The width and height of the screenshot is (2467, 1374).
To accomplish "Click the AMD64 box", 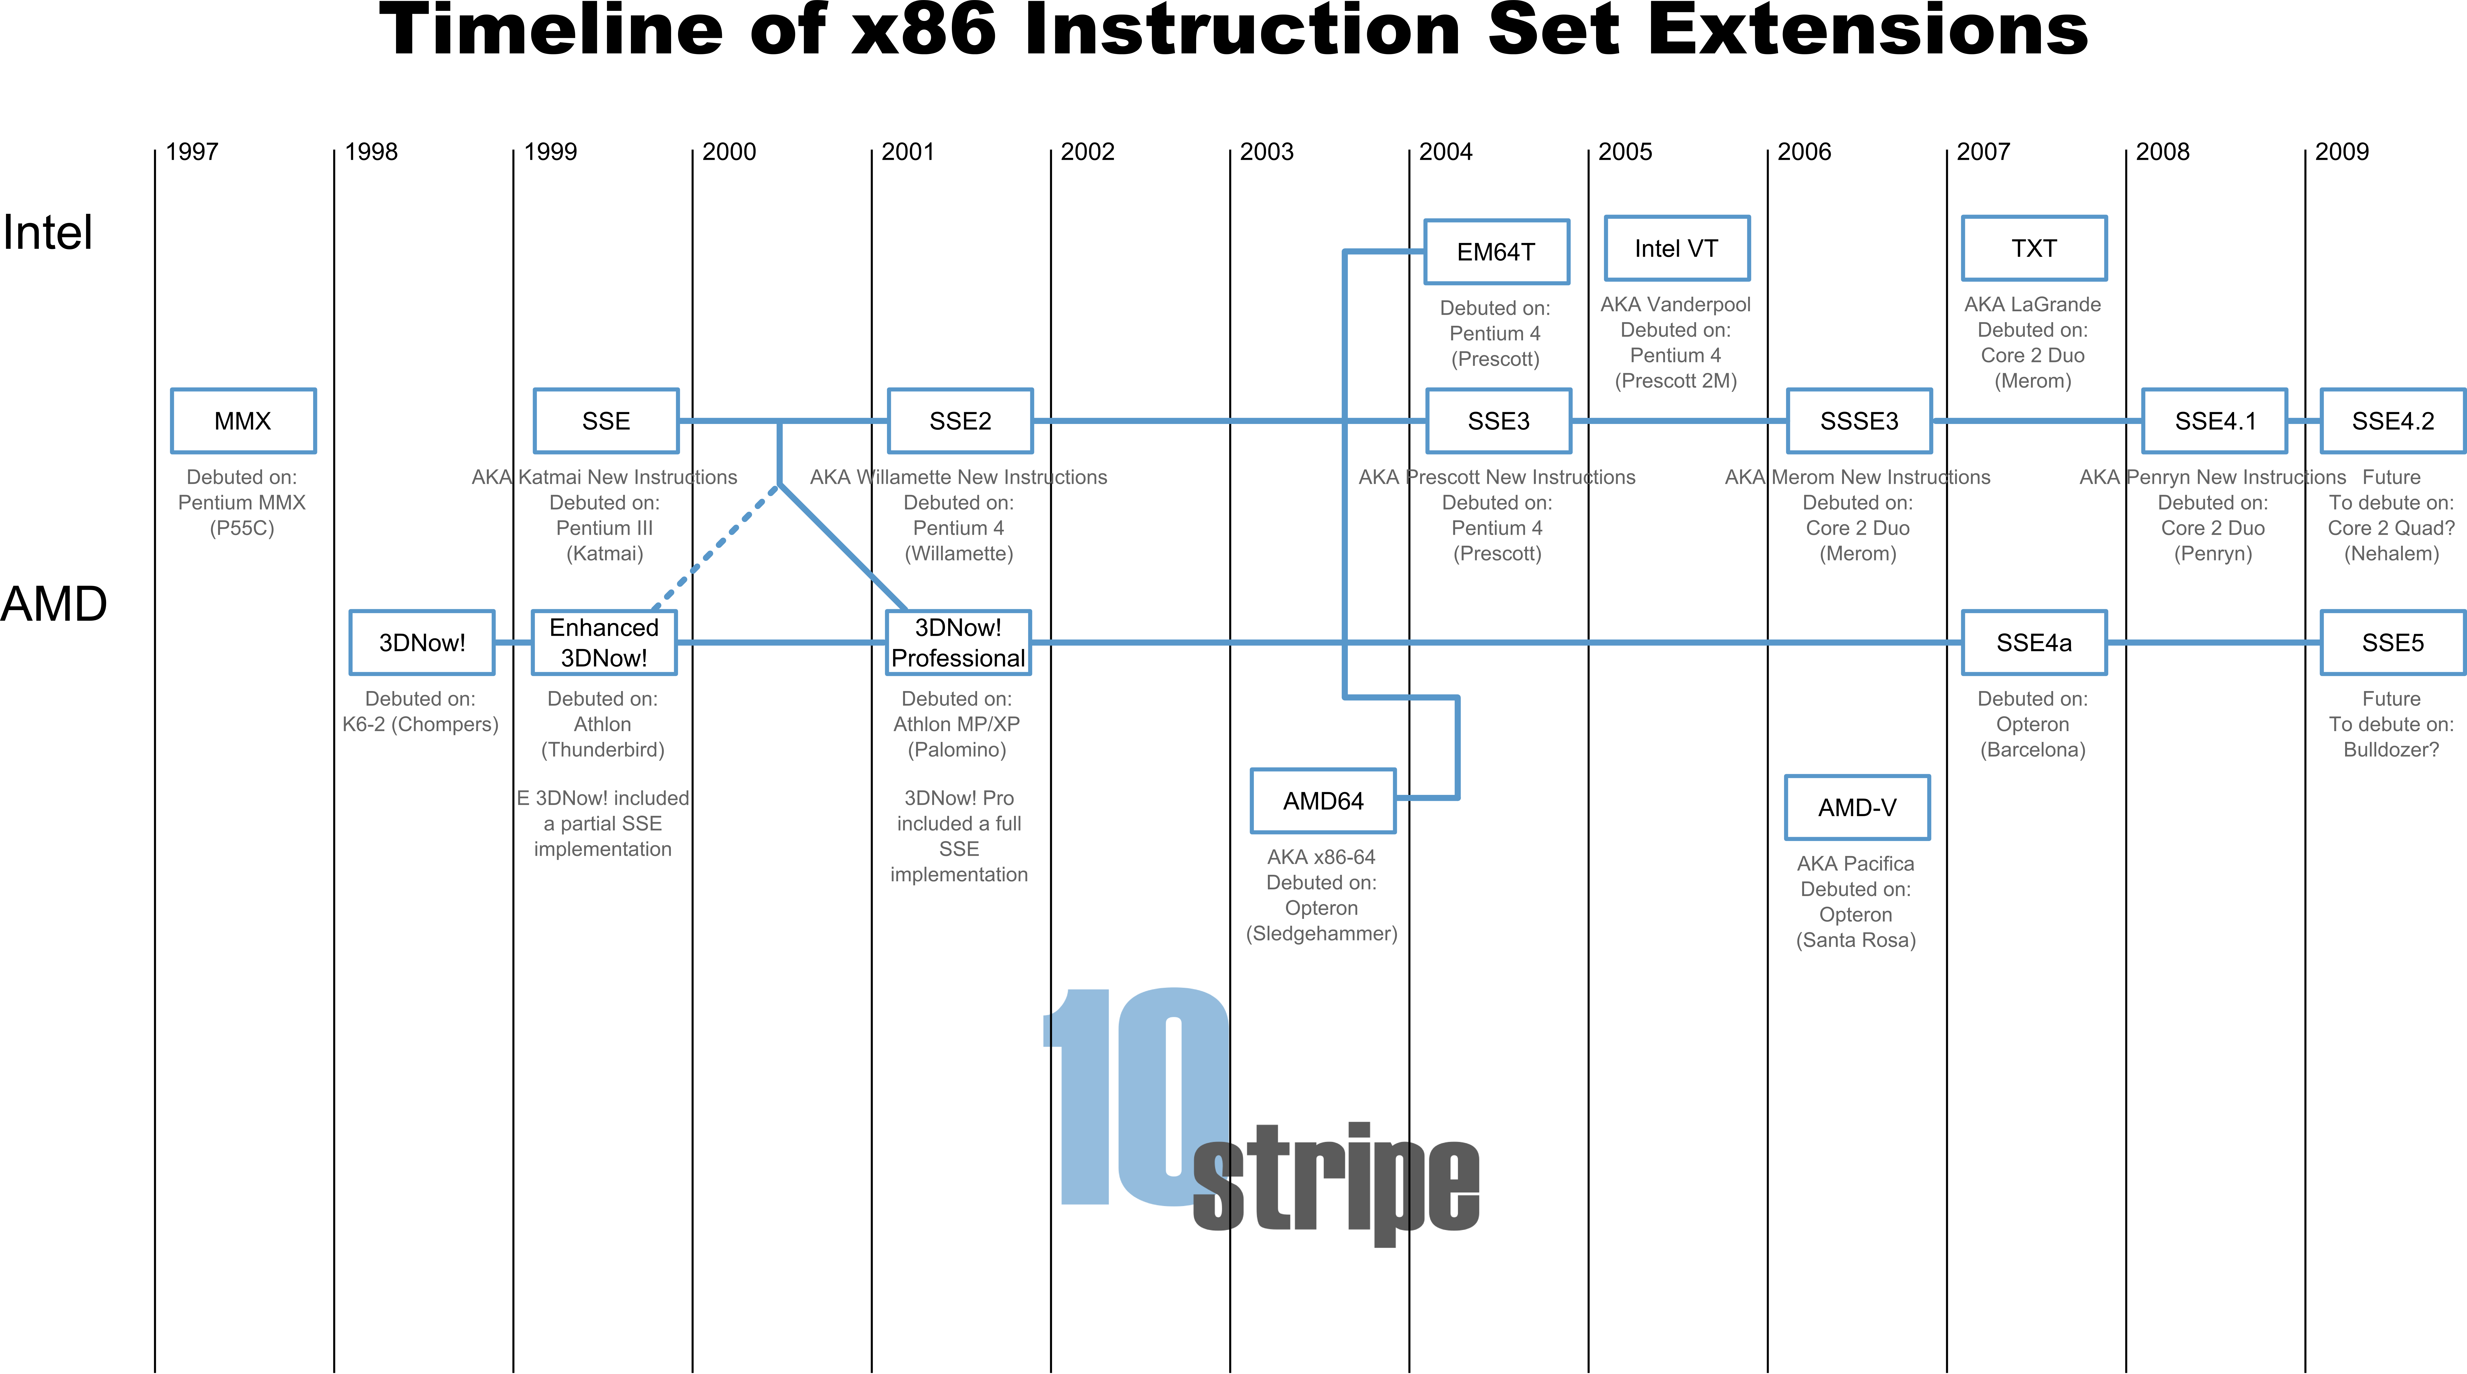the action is [1323, 801].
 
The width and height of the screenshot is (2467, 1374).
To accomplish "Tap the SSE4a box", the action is [2034, 642].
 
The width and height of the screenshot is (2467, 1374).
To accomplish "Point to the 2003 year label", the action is [1266, 151].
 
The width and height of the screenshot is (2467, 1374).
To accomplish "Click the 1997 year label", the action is [191, 151].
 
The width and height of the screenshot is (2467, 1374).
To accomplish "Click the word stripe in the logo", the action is [1336, 1183].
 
